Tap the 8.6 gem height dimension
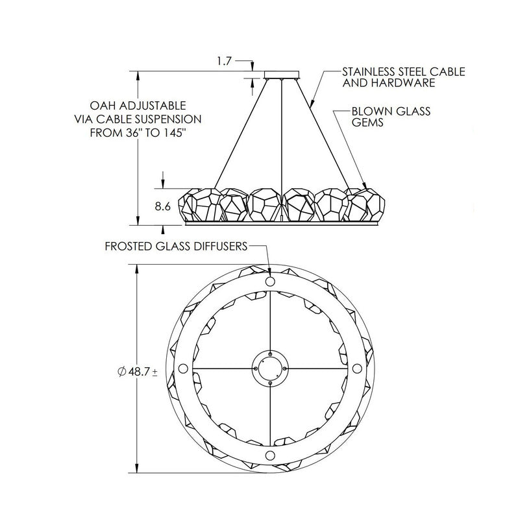[163, 206]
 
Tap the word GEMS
[367, 123]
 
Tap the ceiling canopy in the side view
[281, 74]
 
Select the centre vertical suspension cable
[282, 130]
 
